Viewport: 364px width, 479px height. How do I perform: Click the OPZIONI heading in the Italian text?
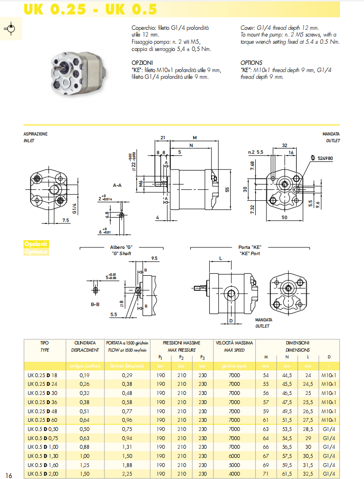pos(142,62)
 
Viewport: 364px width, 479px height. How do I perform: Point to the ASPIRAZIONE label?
pos(36,134)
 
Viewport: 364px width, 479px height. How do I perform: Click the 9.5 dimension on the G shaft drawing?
pos(154,258)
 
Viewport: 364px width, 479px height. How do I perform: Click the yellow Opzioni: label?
pos(36,244)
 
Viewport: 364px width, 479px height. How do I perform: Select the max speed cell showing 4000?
pos(234,474)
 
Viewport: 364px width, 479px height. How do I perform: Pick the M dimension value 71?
pos(266,474)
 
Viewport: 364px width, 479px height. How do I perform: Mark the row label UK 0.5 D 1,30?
pos(44,455)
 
